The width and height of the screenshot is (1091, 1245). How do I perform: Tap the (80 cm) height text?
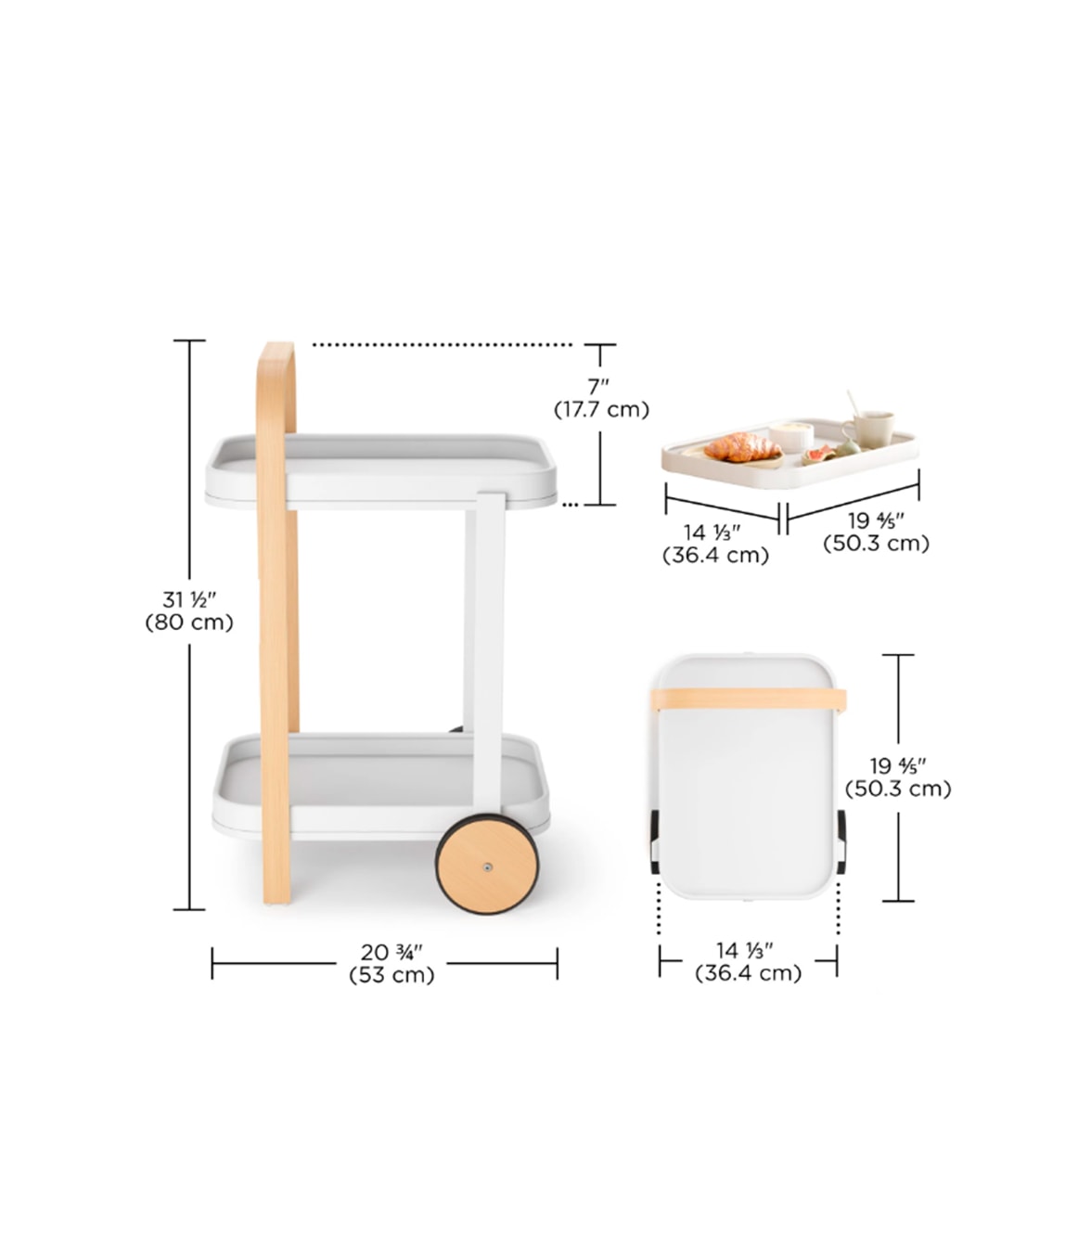point(189,622)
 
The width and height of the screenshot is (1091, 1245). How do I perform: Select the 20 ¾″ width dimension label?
point(391,952)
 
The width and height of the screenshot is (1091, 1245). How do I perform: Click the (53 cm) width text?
point(391,975)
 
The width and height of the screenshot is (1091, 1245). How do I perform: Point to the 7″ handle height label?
point(599,386)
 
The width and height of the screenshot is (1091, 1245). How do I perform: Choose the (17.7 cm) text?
point(601,409)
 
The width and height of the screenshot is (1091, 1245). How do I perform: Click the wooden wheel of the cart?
point(488,865)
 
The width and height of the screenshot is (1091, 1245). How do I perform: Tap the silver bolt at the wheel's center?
point(488,866)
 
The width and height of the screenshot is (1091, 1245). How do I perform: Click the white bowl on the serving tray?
point(791,433)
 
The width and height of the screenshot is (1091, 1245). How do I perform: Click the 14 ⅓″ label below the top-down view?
point(745,950)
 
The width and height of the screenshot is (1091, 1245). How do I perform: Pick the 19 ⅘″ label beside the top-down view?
point(897,765)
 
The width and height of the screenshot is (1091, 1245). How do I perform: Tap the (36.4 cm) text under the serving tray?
point(715,556)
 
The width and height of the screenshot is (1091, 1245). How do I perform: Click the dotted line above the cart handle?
point(443,345)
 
